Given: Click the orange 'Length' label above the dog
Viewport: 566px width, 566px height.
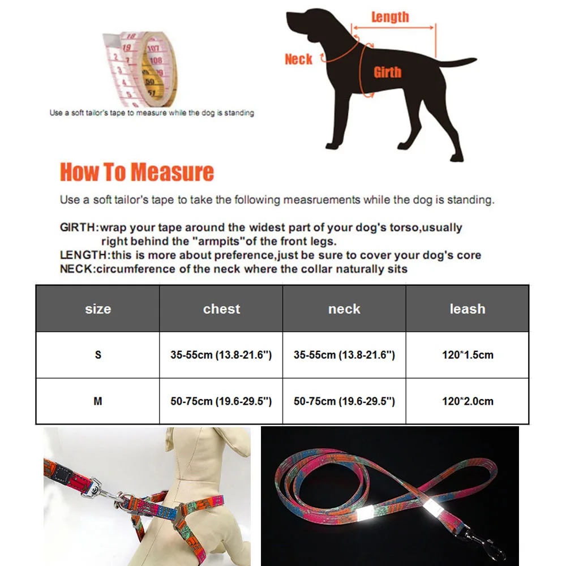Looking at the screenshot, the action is (x=390, y=17).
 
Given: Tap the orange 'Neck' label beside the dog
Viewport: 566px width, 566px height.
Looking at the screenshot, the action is (x=298, y=59).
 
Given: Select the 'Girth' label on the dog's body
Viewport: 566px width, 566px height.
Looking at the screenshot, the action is (x=387, y=72).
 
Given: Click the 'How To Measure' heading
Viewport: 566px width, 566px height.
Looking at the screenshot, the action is (x=137, y=172).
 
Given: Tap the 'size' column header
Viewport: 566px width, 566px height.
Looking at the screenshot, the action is (x=98, y=309).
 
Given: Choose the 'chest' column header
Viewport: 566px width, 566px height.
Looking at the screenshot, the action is (x=221, y=309).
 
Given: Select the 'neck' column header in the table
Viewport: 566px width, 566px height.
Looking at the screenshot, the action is (x=344, y=309).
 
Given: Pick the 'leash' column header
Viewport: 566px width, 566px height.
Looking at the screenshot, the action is (x=468, y=309).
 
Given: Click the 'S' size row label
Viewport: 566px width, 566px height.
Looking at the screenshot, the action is (x=98, y=355).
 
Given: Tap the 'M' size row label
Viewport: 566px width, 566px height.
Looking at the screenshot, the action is (x=98, y=401).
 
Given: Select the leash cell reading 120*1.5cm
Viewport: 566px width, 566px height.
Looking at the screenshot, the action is (x=468, y=355).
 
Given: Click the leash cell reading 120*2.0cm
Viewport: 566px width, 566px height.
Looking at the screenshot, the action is (x=468, y=401).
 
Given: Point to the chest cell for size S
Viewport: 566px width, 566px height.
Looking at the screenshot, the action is (x=221, y=355).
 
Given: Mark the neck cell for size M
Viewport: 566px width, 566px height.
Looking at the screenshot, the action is (x=344, y=401).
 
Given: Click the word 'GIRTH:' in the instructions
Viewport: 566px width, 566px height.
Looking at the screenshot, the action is (x=79, y=228).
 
